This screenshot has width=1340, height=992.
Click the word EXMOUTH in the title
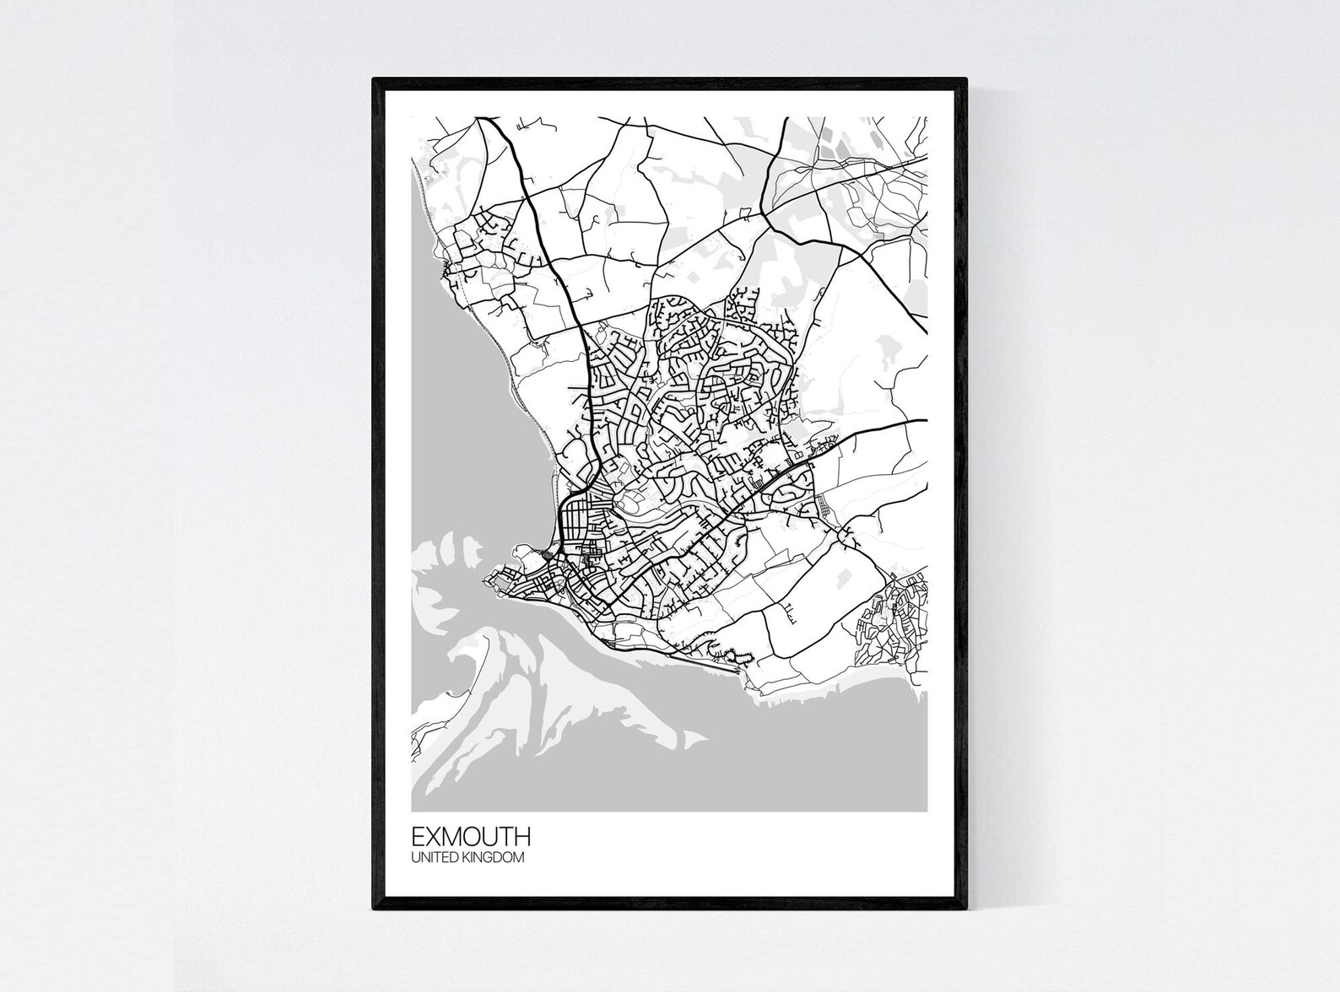tap(471, 837)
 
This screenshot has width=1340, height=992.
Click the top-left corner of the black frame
tap(375, 79)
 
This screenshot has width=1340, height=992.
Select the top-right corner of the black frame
tap(966, 79)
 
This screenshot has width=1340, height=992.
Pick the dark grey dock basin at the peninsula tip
tap(507, 583)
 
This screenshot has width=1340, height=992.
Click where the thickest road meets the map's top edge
tap(488, 119)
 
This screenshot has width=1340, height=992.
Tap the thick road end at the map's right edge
tap(925, 419)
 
